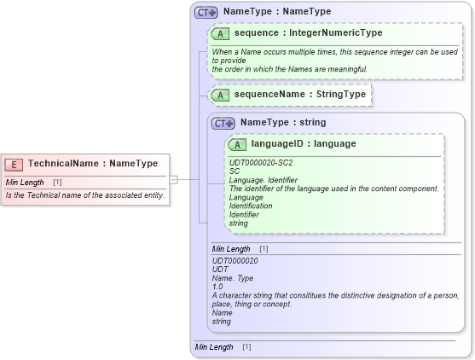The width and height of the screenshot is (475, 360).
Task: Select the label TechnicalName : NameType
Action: (92, 164)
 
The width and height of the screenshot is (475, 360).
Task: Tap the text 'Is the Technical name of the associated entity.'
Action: (84, 195)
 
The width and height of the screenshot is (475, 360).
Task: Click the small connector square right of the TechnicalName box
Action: (173, 179)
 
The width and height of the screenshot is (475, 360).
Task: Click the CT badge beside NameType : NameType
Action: (206, 13)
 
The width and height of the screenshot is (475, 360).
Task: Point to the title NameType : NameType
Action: (277, 13)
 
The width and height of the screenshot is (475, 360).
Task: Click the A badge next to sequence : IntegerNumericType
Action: (220, 33)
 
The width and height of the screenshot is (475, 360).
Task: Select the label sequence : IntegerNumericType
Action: (308, 33)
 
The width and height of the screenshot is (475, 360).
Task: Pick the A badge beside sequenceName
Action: (220, 95)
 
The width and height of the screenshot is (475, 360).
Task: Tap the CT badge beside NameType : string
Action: (223, 123)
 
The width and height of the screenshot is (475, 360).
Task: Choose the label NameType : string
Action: (282, 123)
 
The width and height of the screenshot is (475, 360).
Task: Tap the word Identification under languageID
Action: (251, 206)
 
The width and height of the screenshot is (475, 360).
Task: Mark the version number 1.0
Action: (217, 287)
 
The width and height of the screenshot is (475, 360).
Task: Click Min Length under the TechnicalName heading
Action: (25, 183)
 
